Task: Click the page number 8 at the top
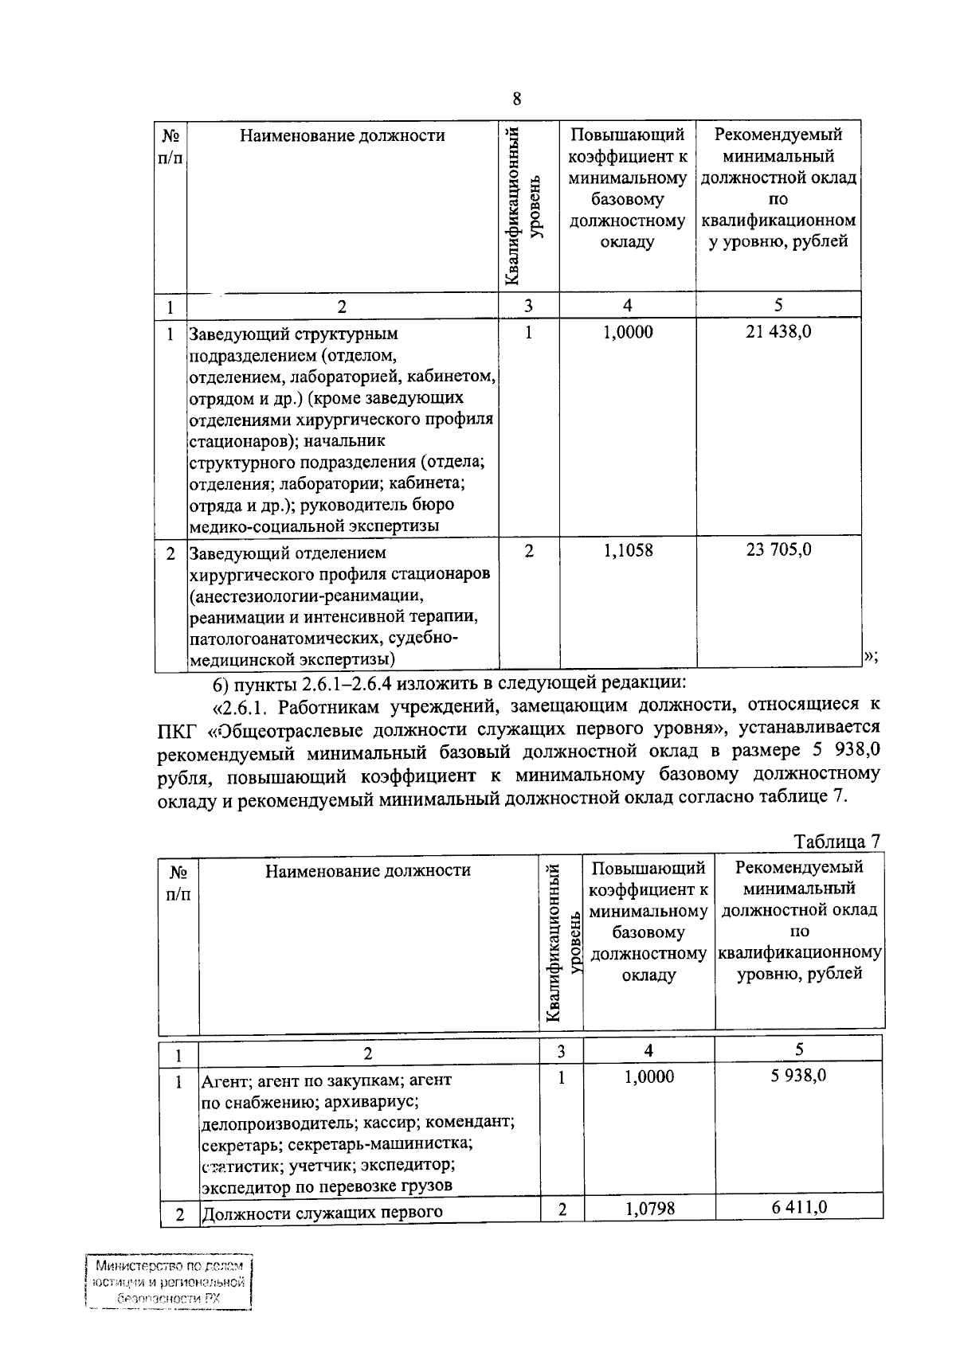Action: tap(517, 100)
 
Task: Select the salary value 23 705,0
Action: tap(778, 549)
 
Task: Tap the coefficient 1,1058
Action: tap(628, 549)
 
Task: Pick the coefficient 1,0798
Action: tap(649, 1209)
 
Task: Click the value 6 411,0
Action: tap(799, 1207)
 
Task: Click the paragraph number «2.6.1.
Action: tap(243, 705)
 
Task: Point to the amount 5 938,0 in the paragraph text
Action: tap(843, 751)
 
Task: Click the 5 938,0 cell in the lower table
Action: tap(799, 1077)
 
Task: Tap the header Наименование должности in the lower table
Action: tap(367, 871)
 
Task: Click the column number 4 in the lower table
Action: tap(648, 1051)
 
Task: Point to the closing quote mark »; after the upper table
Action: tap(870, 655)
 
